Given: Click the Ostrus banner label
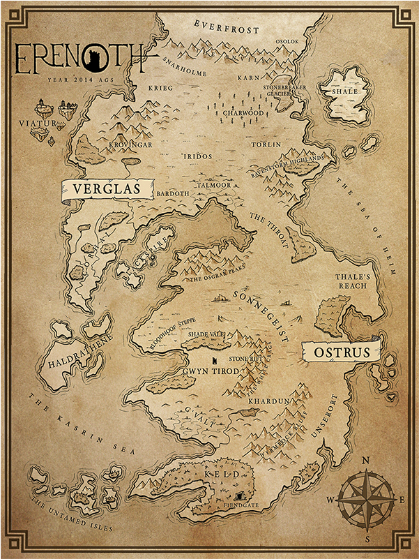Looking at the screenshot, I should pyautogui.click(x=341, y=352).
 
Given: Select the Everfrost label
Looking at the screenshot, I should pyautogui.click(x=227, y=31).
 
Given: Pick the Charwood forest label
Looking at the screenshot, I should pyautogui.click(x=243, y=112).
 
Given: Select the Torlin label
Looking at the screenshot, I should pyautogui.click(x=268, y=144).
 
